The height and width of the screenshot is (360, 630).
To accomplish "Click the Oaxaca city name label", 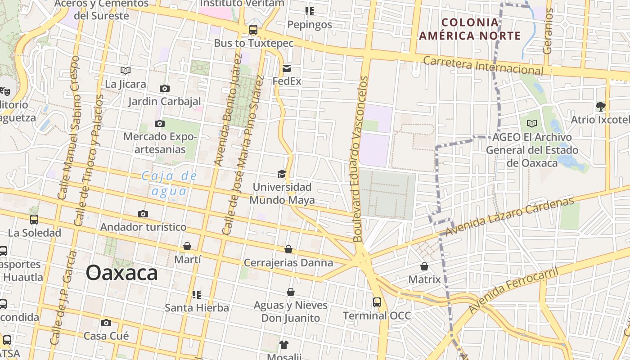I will [x=121, y=273].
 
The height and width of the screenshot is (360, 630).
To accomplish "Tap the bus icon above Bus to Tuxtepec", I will [x=253, y=30].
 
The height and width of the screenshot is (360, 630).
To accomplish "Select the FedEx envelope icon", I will [x=287, y=68].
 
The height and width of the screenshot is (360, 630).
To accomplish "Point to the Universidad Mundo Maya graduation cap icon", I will [x=282, y=174].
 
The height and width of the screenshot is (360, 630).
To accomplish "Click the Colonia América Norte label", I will [x=470, y=29].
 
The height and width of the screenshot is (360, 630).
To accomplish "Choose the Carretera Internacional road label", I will [x=483, y=65].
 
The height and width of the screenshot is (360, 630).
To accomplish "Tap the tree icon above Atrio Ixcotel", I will [x=600, y=106].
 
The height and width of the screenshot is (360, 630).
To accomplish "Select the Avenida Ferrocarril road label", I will [x=513, y=290].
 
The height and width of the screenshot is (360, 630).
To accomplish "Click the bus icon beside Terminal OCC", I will [x=377, y=302].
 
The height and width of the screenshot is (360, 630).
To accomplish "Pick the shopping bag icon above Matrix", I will [x=424, y=266].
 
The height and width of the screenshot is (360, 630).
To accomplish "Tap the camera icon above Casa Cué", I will [x=106, y=323].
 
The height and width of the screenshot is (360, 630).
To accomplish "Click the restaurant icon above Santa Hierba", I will [x=196, y=295].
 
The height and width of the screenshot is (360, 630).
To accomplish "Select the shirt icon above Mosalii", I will [x=283, y=345].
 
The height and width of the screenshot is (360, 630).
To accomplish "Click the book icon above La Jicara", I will [x=126, y=70].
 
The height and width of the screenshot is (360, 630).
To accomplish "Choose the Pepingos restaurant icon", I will [x=309, y=11].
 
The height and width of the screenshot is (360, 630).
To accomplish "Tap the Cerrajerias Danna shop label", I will [x=288, y=262].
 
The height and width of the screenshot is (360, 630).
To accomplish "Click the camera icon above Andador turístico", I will [x=143, y=214].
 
